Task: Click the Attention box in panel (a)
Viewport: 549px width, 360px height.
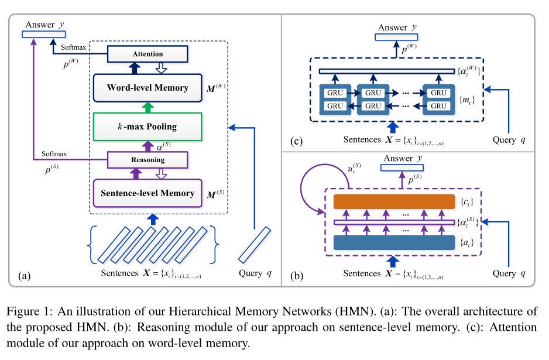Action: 147,54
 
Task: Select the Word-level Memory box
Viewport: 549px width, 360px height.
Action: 147,88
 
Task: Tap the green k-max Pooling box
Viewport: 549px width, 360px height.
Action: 147,126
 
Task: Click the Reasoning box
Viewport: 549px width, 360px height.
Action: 147,160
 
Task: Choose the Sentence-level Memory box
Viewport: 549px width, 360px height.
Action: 147,193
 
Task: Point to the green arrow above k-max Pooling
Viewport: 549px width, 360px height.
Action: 147,107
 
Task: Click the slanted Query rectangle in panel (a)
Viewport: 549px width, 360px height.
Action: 255,244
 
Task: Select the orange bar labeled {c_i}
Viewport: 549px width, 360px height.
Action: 394,202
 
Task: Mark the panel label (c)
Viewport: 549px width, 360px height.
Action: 297,141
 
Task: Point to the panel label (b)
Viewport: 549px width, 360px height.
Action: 297,274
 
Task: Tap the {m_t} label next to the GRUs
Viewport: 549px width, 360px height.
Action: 468,100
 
